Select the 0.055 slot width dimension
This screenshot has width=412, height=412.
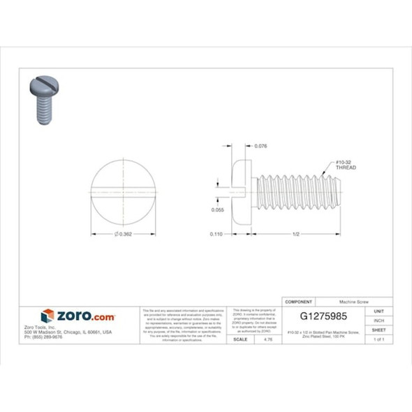(218, 209)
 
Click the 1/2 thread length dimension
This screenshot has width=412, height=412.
(296, 235)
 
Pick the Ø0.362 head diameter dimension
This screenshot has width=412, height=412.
(123, 234)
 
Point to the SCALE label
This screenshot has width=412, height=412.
(240, 339)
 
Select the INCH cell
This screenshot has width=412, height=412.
(379, 320)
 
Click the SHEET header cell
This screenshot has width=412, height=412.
(379, 330)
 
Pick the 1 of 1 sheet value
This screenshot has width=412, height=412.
(379, 339)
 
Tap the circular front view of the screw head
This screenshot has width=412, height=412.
(123, 192)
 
